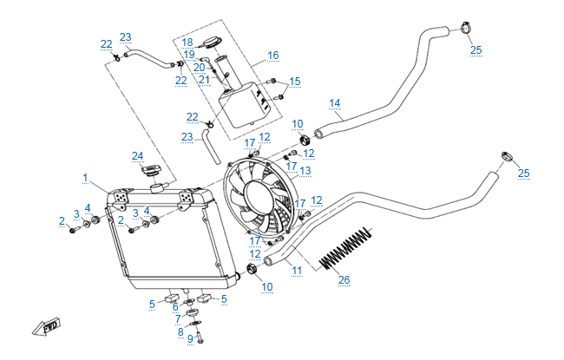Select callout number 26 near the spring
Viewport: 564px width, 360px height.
(345, 279)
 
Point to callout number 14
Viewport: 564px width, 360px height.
(335, 103)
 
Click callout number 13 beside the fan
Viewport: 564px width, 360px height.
(305, 171)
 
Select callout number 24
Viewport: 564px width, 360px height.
(137, 156)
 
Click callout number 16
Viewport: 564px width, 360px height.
(273, 55)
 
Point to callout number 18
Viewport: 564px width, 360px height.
(187, 41)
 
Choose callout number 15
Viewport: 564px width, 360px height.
(295, 81)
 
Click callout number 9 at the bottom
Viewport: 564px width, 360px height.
(189, 338)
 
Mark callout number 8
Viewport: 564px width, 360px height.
(180, 331)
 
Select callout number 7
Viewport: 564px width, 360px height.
(177, 318)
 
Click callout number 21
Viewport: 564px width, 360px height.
(204, 80)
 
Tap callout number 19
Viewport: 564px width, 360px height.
(187, 54)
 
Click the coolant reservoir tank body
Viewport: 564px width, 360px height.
(243, 106)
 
